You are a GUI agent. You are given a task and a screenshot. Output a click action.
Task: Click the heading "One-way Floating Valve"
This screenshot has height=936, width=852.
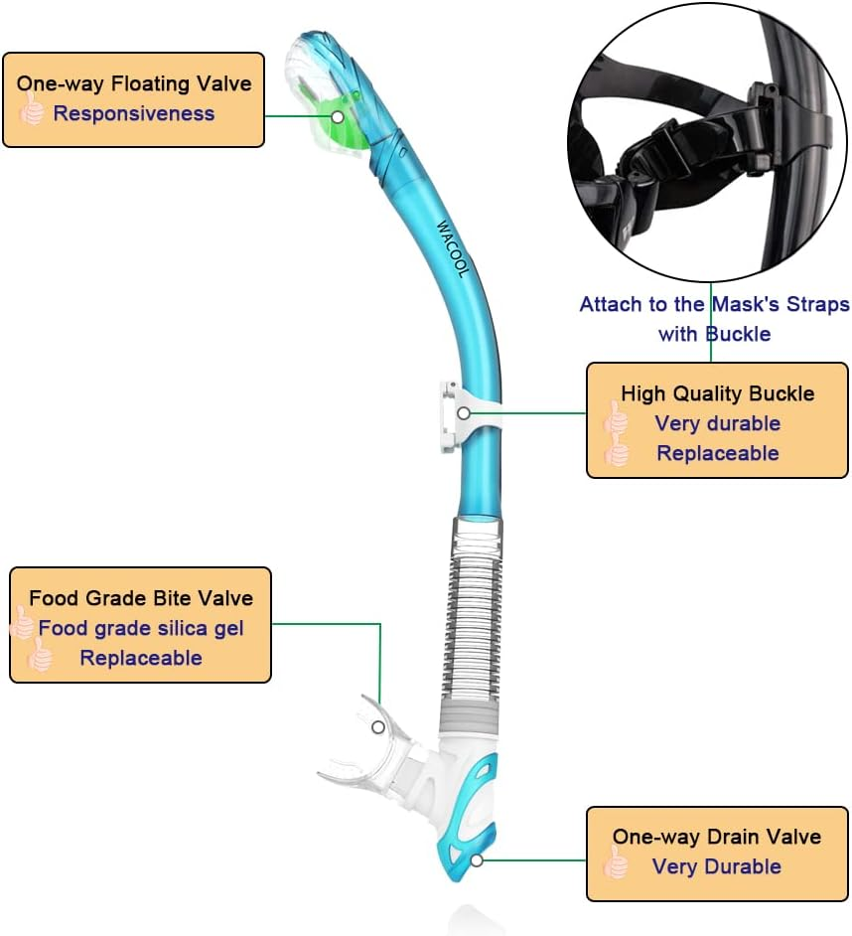click(x=134, y=83)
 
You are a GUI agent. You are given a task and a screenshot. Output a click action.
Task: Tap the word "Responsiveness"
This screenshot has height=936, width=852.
click(x=134, y=113)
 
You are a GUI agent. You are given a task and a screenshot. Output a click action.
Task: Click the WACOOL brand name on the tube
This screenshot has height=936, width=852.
click(x=450, y=248)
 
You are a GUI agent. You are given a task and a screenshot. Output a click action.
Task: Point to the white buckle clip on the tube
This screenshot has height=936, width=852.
click(x=455, y=414)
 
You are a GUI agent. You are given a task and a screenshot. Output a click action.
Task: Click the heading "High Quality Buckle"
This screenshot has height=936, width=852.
click(x=717, y=393)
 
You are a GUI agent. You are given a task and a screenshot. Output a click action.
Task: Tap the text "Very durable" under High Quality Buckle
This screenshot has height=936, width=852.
click(x=717, y=423)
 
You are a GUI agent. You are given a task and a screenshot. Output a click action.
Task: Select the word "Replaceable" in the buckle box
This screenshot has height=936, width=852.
click(x=717, y=453)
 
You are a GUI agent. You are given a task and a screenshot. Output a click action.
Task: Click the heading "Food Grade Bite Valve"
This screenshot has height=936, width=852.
click(x=141, y=598)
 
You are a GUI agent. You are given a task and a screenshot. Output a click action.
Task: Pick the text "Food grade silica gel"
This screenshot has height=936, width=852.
click(x=141, y=628)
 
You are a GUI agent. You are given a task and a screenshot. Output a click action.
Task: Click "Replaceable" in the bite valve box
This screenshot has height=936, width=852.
click(x=141, y=658)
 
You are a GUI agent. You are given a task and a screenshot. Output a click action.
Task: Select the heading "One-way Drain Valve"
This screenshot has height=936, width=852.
click(x=717, y=837)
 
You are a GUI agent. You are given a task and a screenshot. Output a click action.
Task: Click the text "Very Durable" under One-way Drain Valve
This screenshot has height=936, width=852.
click(x=717, y=866)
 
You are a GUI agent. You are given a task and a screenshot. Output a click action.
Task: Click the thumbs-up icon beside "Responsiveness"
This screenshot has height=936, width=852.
click(x=32, y=111)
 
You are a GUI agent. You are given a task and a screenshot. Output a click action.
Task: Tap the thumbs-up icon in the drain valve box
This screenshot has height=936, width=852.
click(x=617, y=865)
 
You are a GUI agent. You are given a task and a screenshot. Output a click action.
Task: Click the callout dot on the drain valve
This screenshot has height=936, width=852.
click(x=477, y=860)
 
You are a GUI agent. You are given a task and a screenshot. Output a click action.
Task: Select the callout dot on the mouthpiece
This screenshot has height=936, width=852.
click(x=377, y=727)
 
